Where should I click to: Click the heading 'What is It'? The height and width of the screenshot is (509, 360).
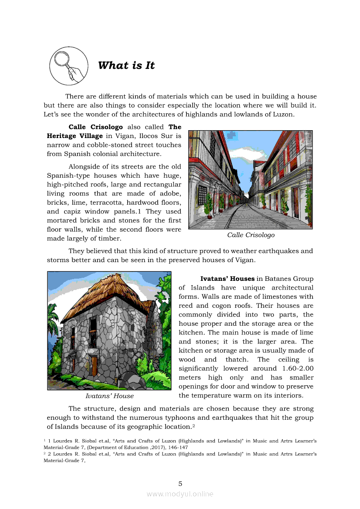tap(126, 66)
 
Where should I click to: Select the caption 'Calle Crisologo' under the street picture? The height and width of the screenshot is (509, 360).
tap(251, 235)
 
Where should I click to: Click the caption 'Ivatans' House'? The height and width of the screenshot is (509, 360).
tap(109, 396)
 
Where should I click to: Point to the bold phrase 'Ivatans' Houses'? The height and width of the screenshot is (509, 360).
tap(227, 279)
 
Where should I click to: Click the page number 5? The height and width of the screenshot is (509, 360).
tap(180, 483)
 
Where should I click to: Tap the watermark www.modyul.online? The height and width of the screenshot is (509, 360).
tap(180, 494)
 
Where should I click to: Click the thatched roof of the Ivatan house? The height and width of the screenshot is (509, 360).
tap(105, 296)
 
